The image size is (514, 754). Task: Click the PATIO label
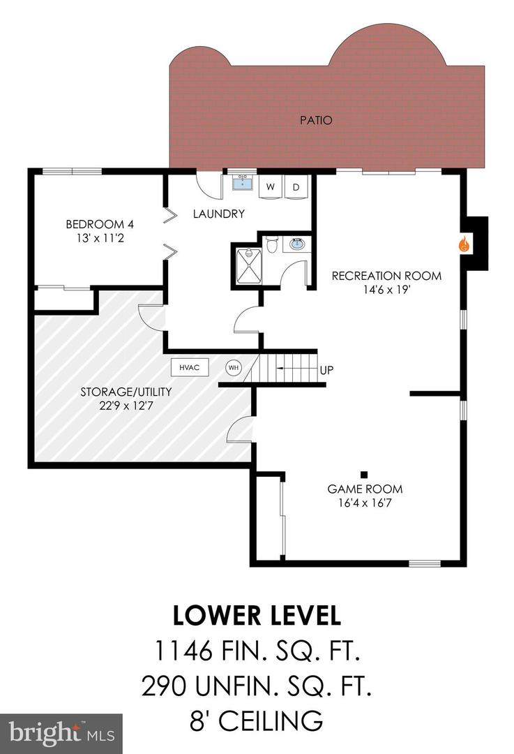(316, 120)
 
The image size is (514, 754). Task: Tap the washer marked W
(270, 187)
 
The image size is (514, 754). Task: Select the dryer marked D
(296, 187)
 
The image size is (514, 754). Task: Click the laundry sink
(243, 184)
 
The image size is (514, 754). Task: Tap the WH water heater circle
(232, 367)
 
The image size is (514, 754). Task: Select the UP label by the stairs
(326, 370)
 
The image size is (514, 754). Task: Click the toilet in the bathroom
(273, 245)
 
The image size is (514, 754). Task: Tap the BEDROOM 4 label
(100, 224)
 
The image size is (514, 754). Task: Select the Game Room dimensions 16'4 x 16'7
(365, 502)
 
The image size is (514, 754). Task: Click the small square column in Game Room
(364, 471)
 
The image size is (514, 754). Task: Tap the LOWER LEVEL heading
(257, 615)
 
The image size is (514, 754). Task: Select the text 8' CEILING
(257, 719)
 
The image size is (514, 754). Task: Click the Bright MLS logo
(61, 733)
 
